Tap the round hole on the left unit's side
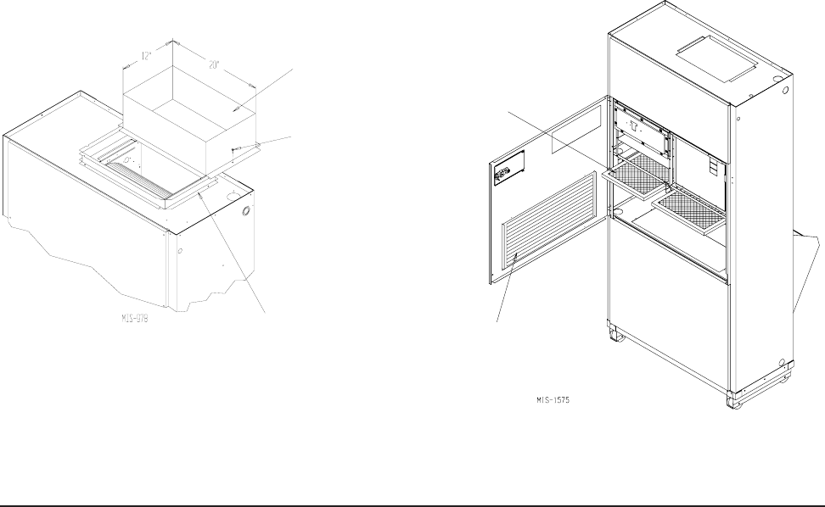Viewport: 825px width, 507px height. [x=246, y=209]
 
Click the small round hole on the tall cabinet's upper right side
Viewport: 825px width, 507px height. [x=786, y=90]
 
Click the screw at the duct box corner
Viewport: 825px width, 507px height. [x=234, y=151]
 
